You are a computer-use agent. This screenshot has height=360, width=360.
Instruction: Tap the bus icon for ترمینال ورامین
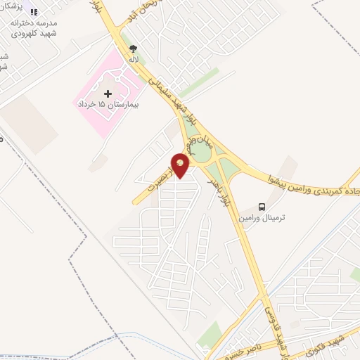tap(262, 207)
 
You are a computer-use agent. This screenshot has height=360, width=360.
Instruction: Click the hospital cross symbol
tap(108, 94)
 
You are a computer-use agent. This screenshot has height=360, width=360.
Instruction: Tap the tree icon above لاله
tap(133, 49)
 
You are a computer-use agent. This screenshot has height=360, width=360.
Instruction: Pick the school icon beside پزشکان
tap(8, 8)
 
